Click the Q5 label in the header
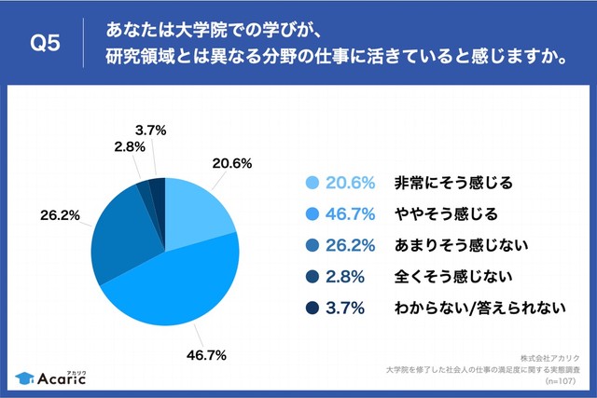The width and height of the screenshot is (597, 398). [46, 45]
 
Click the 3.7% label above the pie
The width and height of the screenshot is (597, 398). [149, 131]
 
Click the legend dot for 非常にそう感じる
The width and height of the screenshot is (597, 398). [312, 183]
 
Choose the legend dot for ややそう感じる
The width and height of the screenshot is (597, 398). [312, 213]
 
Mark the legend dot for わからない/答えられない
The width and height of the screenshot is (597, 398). [312, 307]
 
